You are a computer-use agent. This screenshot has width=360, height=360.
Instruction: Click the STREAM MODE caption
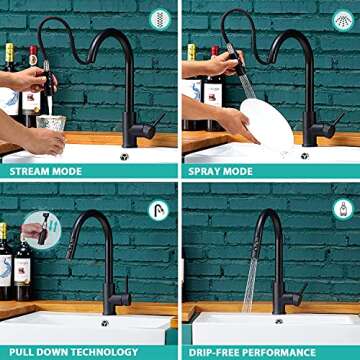(x=47, y=171)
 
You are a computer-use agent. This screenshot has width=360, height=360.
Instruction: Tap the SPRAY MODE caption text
(x=221, y=171)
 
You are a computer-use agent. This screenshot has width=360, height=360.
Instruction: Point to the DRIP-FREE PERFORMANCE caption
(x=256, y=351)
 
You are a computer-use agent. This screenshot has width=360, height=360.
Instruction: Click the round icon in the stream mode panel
(x=160, y=18)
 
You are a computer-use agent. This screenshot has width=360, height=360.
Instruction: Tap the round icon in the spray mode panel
(x=341, y=18)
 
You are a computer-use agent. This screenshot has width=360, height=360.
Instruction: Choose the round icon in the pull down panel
(x=160, y=209)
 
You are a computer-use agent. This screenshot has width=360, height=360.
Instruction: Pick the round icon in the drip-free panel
(x=341, y=209)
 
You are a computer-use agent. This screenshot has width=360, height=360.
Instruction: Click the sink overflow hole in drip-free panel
(x=277, y=321)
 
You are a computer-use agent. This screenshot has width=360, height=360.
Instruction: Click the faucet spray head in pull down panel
(x=72, y=240)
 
